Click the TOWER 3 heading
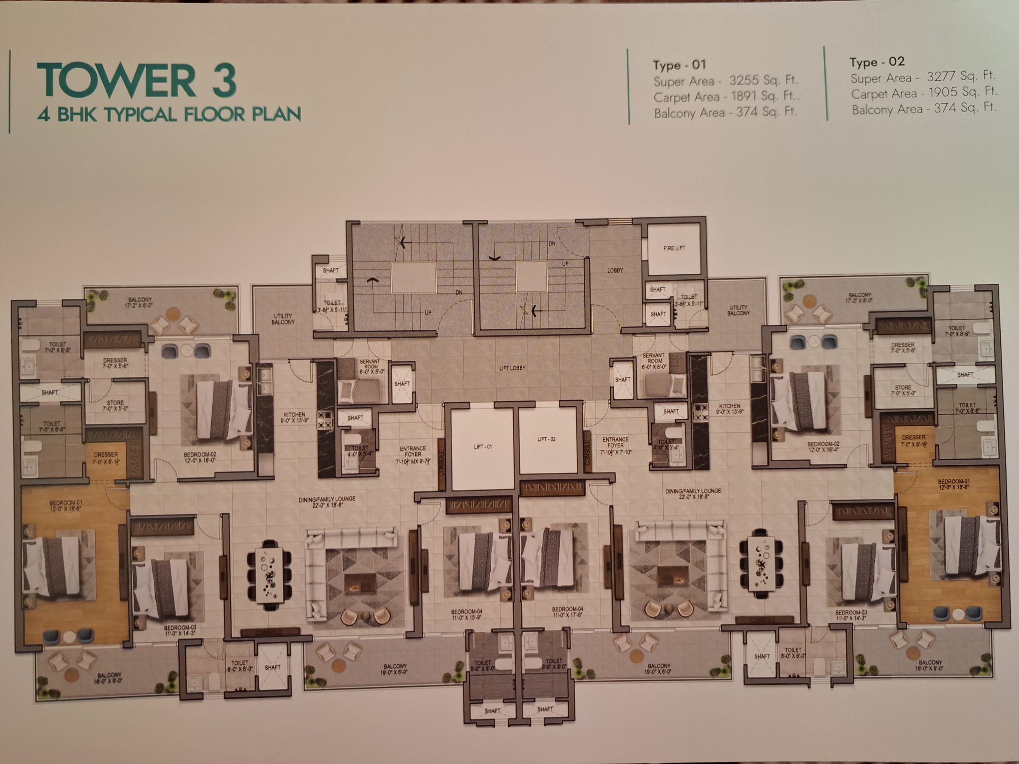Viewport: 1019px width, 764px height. click(137, 80)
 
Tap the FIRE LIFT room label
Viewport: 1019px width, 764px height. click(674, 248)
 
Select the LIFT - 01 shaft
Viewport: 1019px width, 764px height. click(482, 447)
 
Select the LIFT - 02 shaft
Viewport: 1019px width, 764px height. click(546, 439)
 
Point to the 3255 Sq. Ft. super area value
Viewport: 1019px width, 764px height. click(763, 81)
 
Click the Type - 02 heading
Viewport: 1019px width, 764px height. click(877, 62)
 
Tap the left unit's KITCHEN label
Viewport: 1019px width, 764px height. click(294, 417)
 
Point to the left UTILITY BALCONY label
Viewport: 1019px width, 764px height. click(283, 319)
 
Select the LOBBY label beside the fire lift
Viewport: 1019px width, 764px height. click(614, 271)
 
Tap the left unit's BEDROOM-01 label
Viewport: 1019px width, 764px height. click(65, 506)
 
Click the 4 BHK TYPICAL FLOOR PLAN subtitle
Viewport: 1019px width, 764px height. click(169, 114)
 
